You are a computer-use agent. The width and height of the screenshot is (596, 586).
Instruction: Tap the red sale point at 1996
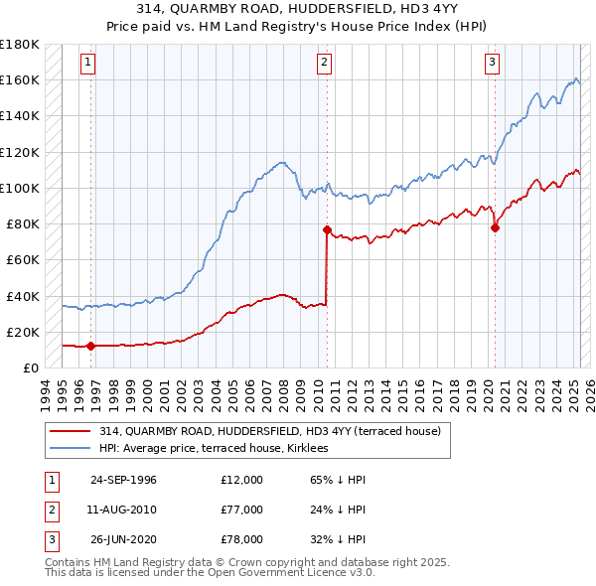[x=90, y=346]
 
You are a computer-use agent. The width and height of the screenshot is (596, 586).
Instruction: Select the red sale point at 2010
[x=326, y=229]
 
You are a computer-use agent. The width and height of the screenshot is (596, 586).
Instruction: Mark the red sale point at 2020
[x=495, y=227]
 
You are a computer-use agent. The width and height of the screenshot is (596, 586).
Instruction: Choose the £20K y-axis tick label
[x=24, y=332]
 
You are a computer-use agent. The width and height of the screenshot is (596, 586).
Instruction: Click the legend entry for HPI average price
[x=221, y=449]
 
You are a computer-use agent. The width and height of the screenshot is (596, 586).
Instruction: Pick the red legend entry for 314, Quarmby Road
[x=276, y=431]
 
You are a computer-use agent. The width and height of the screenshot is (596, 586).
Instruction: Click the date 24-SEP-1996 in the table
[x=123, y=480]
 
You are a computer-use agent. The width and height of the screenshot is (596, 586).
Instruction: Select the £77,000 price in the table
[x=242, y=510]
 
